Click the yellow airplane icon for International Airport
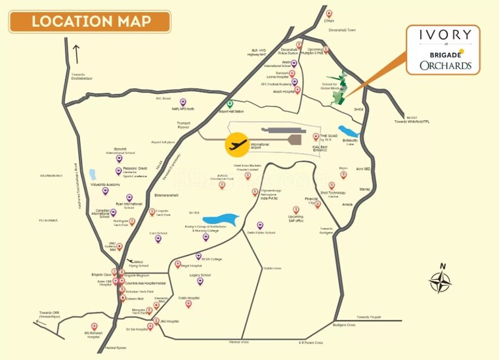tap(237, 145)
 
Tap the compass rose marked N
tap(440, 281)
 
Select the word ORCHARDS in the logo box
tap(446, 65)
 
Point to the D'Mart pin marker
tap(329, 13)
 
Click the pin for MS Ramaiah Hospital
tap(94, 326)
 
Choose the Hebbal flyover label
tap(116, 348)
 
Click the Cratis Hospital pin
tap(188, 304)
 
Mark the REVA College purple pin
tap(198, 256)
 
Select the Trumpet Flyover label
tap(187, 126)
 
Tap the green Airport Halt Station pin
tap(230, 104)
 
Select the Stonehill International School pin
tap(119, 158)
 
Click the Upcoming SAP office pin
tap(295, 209)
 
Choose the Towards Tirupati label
tap(368, 317)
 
